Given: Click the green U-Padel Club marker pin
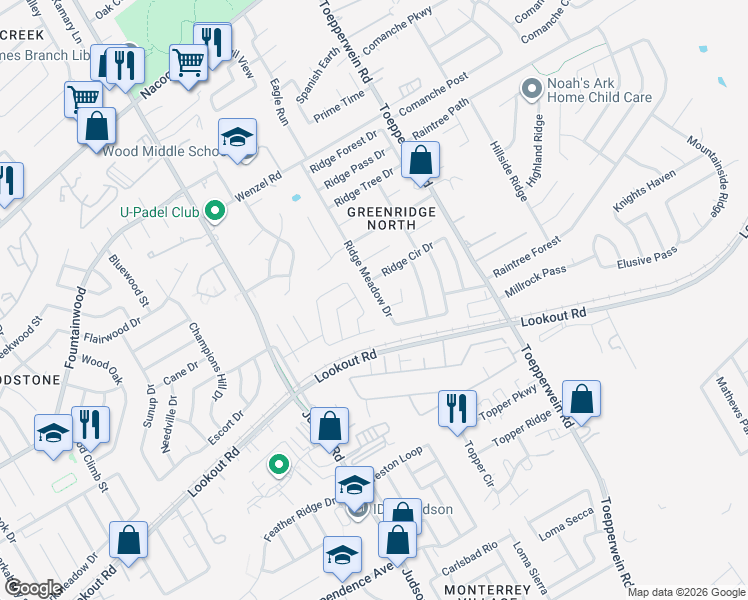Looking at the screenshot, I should [x=213, y=211].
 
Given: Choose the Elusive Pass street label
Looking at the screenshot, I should [x=649, y=258].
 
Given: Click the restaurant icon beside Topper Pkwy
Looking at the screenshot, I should [x=456, y=408].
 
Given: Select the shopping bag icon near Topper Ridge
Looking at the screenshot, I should [x=580, y=398].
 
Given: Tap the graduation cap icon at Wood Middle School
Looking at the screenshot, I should [x=237, y=137].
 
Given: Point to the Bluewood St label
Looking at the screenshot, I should [x=130, y=285].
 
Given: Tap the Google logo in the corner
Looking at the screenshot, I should [x=33, y=588].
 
